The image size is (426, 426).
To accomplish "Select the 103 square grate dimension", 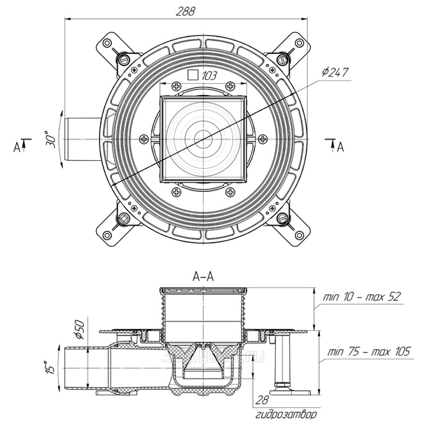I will pyautogui.click(x=209, y=76).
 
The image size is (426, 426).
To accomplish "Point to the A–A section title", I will pyautogui.click(x=202, y=276).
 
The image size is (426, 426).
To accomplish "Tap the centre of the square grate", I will pyautogui.click(x=204, y=139).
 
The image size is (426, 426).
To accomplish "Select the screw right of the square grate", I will pyautogui.click(x=261, y=139).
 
